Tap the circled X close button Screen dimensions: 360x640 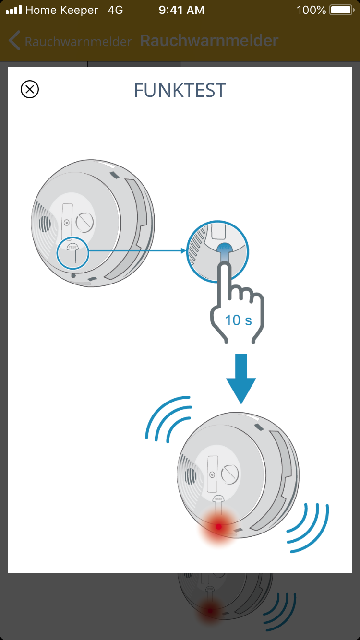tap(30, 89)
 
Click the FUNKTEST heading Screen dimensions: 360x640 tap(180, 90)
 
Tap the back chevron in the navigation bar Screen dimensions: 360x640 tap(14, 40)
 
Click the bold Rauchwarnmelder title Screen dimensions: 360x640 tap(209, 41)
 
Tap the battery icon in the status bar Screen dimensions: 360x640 tap(342, 10)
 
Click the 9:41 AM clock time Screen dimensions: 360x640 tap(181, 10)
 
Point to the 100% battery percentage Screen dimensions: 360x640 tap(311, 10)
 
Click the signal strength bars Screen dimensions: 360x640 tap(14, 10)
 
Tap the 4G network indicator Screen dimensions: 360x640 tap(115, 10)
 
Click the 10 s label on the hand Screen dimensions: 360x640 tap(239, 320)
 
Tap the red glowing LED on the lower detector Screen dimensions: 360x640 tap(219, 526)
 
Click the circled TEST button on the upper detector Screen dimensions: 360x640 tap(72, 253)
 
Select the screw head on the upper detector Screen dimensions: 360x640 tap(84, 222)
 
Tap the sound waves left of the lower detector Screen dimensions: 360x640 tap(168, 418)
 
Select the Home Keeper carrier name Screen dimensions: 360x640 tap(61, 10)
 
